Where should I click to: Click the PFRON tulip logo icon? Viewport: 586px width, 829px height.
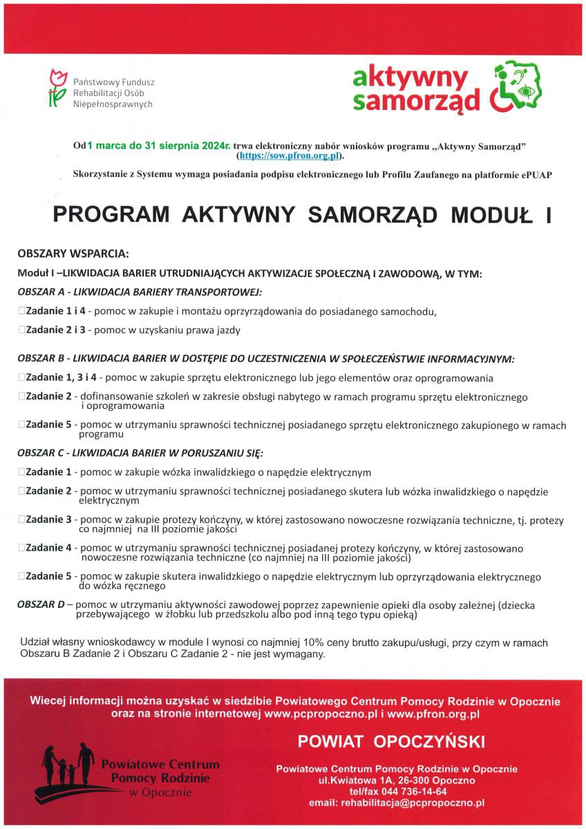(57, 88)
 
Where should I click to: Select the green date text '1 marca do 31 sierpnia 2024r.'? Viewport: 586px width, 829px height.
(158, 146)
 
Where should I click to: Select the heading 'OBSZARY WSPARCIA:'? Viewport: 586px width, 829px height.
(73, 254)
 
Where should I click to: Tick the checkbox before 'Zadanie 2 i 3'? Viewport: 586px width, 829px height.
(22, 330)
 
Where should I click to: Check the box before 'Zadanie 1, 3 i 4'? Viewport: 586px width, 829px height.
(22, 378)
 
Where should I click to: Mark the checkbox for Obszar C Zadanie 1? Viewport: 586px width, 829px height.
(22, 473)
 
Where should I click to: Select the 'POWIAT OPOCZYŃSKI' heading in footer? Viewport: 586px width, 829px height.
(391, 742)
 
